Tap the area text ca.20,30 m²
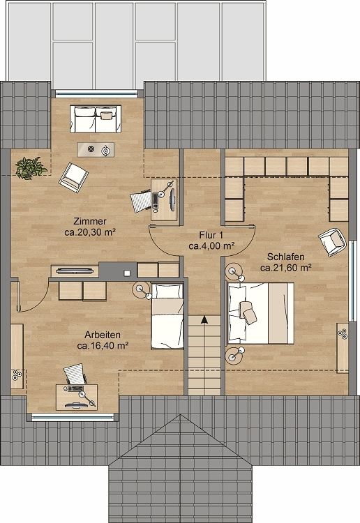pyautogui.click(x=90, y=234)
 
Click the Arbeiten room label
pyautogui.click(x=103, y=334)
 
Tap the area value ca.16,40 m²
pyautogui.click(x=103, y=345)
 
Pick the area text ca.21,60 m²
pyautogui.click(x=285, y=266)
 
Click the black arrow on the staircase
pyautogui.click(x=204, y=320)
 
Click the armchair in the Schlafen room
pyautogui.click(x=333, y=241)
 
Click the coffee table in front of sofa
pyautogui.click(x=96, y=149)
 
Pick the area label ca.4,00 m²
pyautogui.click(x=211, y=245)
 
